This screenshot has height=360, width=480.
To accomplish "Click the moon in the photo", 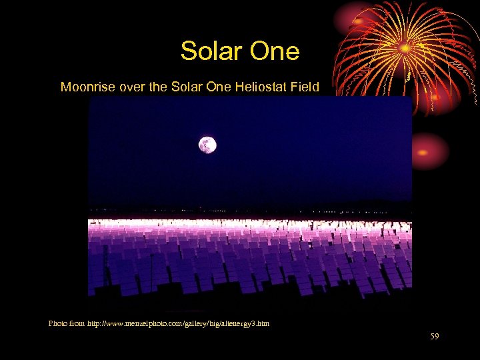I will [207, 145].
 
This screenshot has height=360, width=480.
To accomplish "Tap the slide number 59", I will [435, 337].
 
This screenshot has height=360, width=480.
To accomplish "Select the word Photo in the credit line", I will [58, 323].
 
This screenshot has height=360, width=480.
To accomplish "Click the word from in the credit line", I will [77, 323].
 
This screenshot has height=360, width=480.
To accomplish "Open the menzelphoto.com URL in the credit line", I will [178, 323].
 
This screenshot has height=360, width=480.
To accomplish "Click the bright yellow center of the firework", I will [404, 48].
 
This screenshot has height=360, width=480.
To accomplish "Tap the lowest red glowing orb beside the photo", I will [424, 151].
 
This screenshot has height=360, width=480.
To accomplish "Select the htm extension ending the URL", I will [264, 323].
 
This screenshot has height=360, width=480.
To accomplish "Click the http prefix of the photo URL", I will [95, 323].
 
